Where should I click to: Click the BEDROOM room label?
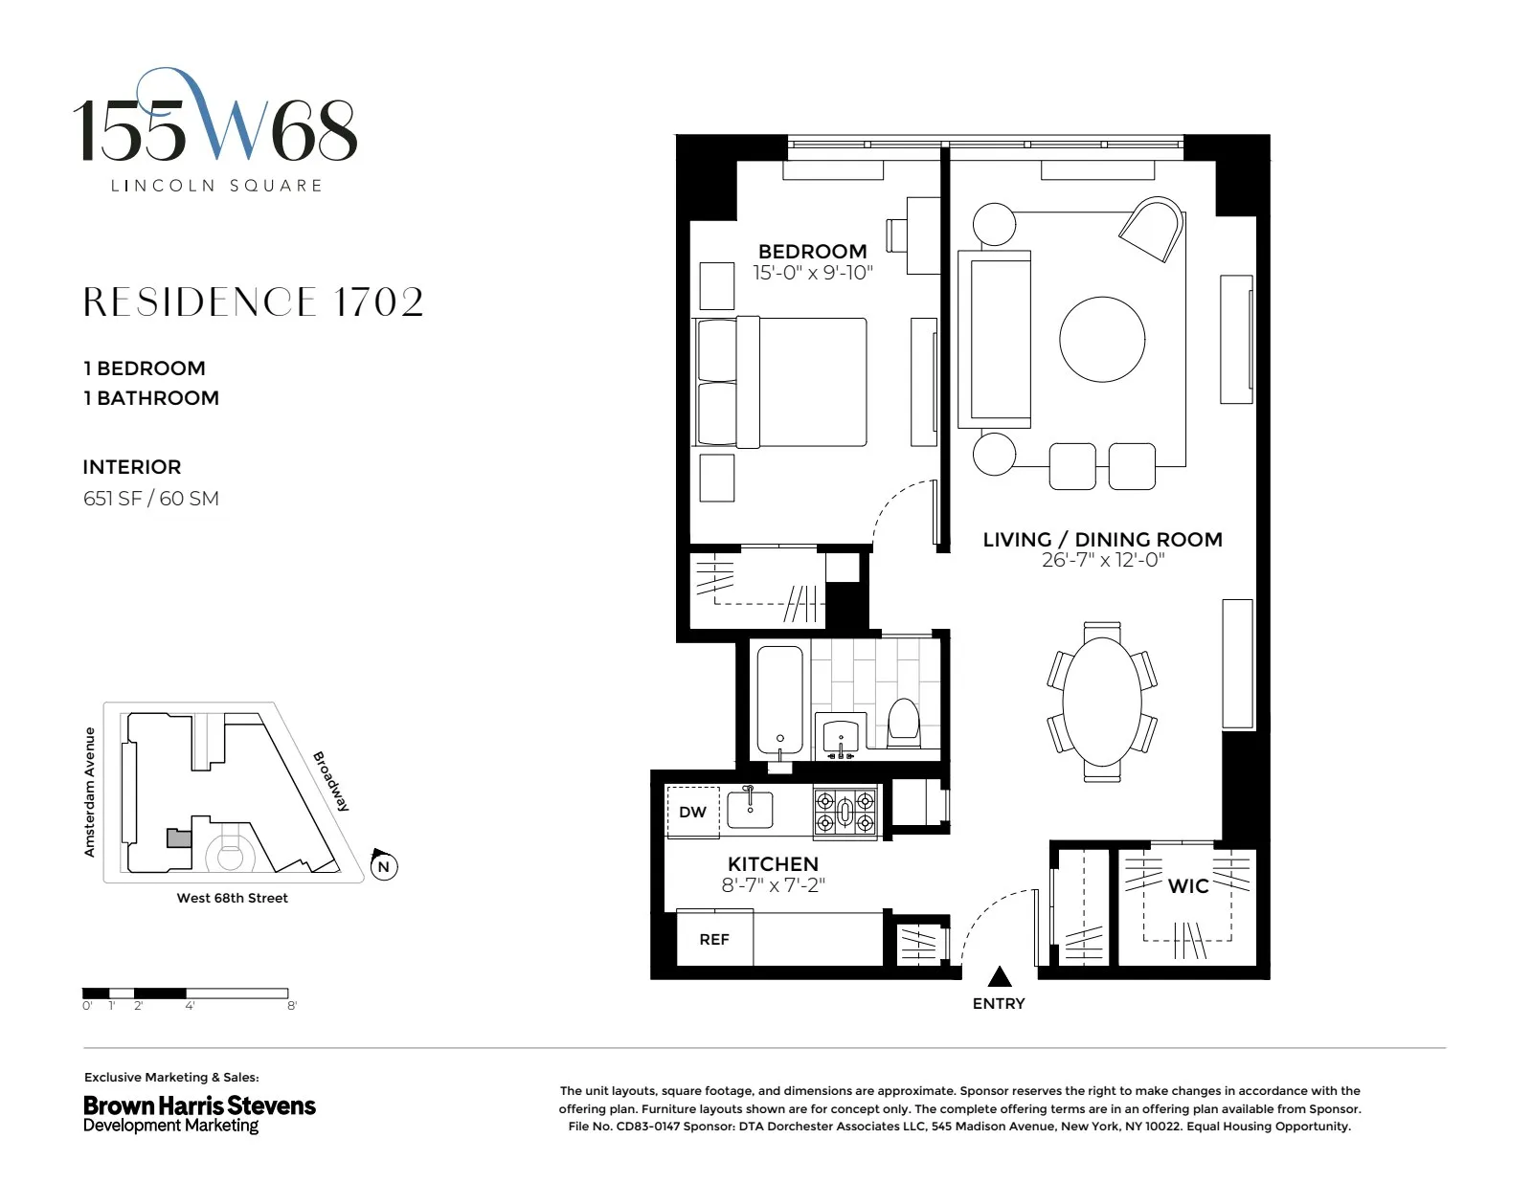pos(812,252)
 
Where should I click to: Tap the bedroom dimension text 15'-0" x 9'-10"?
pos(812,273)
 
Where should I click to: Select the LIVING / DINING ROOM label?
pos(1102,540)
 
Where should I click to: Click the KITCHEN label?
pos(773,863)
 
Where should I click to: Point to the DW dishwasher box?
pos(692,812)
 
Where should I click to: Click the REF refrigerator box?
pos(714,939)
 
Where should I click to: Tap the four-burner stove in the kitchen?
pos(845,812)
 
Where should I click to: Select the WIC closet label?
pos(1187,886)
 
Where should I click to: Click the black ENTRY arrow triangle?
pos(1000,976)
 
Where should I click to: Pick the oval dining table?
pos(1102,701)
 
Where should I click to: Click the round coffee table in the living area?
pos(1101,340)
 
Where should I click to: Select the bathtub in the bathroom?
pos(780,700)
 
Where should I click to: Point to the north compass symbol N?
pos(383,866)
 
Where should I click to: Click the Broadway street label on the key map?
pos(331,781)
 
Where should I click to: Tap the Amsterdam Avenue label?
pos(90,792)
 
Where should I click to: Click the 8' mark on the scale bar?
pos(291,1005)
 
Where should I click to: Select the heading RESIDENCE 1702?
pos(253,302)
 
